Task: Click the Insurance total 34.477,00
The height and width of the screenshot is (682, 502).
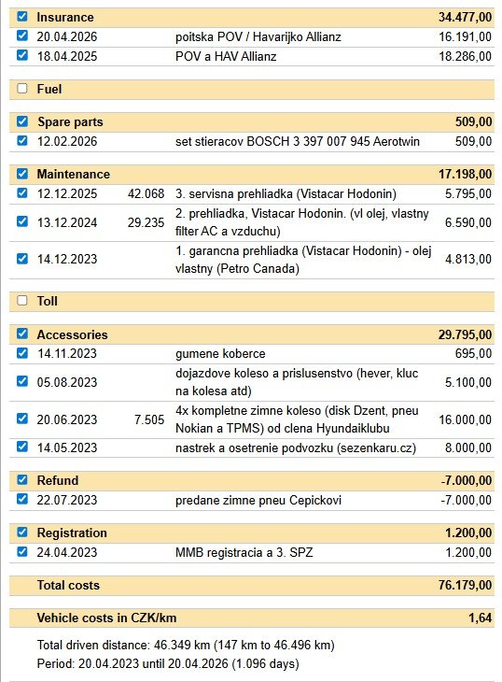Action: coord(465,17)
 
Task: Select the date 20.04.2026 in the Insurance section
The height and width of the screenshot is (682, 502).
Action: coord(67,37)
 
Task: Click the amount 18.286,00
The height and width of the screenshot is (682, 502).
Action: coord(465,56)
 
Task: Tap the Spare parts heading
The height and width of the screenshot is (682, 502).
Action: coord(70,121)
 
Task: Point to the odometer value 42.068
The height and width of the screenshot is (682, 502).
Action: coord(146,193)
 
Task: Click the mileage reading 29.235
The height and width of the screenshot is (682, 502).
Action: coord(146,222)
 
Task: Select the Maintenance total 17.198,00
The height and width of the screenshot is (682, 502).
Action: coord(465,174)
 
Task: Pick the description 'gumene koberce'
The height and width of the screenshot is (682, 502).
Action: coord(220,354)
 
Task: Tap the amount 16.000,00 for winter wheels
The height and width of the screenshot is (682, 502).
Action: coord(465,419)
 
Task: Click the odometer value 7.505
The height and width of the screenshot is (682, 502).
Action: coord(149,419)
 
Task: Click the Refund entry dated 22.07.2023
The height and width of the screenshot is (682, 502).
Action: coord(67,500)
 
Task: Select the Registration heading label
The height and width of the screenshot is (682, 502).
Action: coord(72,533)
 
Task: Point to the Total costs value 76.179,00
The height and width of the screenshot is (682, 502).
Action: coord(465,585)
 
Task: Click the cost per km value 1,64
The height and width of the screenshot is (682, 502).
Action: coord(480,618)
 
